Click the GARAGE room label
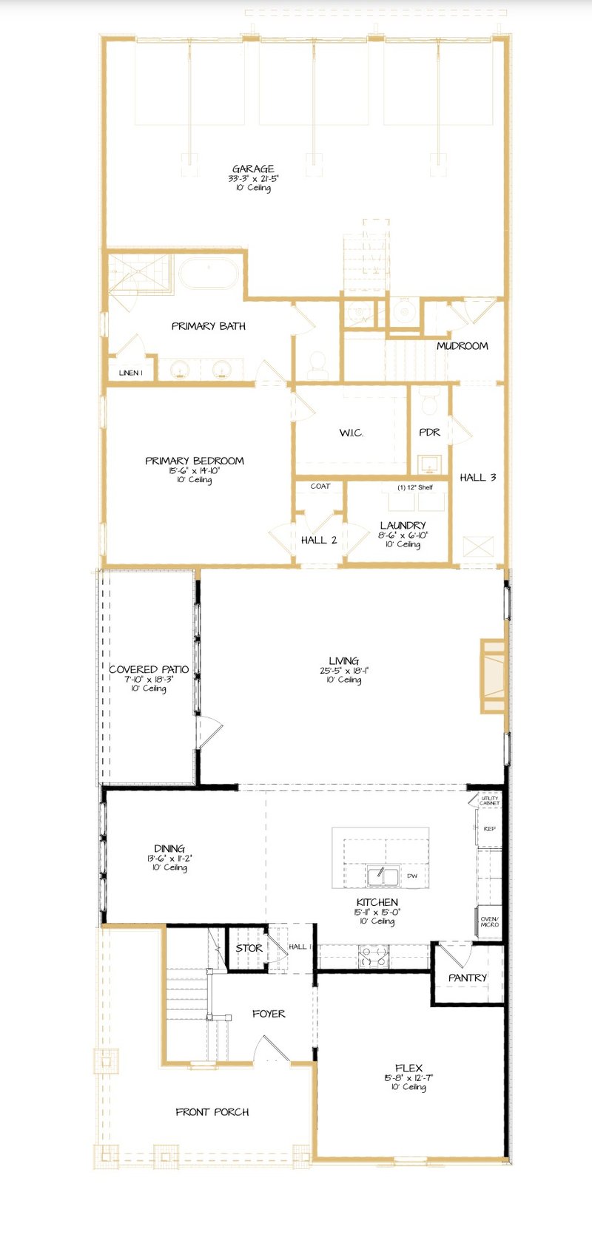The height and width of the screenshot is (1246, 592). [253, 169]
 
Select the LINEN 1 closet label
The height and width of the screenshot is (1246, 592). [130, 373]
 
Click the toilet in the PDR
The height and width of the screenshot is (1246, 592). [429, 404]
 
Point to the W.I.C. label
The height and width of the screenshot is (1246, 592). [351, 433]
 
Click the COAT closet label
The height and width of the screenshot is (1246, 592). [320, 486]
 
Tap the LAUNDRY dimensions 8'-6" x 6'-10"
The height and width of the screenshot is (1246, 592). [403, 535]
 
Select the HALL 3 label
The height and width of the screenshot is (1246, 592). [477, 478]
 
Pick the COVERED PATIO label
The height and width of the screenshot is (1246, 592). [149, 669]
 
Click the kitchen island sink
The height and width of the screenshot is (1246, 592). [383, 876]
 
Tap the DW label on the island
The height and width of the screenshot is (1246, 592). [412, 876]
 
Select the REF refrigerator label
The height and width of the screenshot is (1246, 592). [489, 829]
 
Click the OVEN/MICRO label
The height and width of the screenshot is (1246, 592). [489, 921]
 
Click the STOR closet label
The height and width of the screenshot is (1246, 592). [249, 948]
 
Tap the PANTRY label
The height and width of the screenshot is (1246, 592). [468, 978]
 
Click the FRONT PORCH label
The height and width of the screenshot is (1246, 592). [212, 1111]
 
